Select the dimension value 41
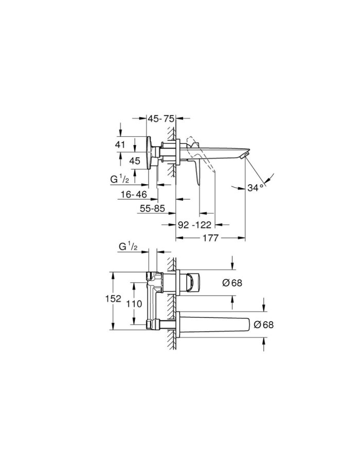[x=120, y=145]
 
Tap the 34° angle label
[x=255, y=188]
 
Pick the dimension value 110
[x=134, y=304]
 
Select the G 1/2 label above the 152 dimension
[x=129, y=247]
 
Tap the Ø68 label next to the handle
[x=232, y=282]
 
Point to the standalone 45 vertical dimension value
[x=135, y=161]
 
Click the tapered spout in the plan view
[x=216, y=325]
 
